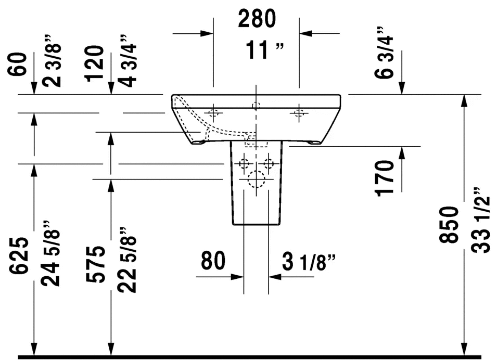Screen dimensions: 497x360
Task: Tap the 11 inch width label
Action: click(x=265, y=50)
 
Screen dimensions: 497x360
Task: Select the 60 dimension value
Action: click(x=18, y=65)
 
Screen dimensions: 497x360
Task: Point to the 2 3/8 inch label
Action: click(x=52, y=61)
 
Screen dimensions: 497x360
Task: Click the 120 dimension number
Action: click(x=94, y=63)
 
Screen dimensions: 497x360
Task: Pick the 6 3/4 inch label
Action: click(x=384, y=53)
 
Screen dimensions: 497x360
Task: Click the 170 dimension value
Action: click(x=385, y=179)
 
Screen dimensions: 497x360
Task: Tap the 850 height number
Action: click(x=449, y=225)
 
